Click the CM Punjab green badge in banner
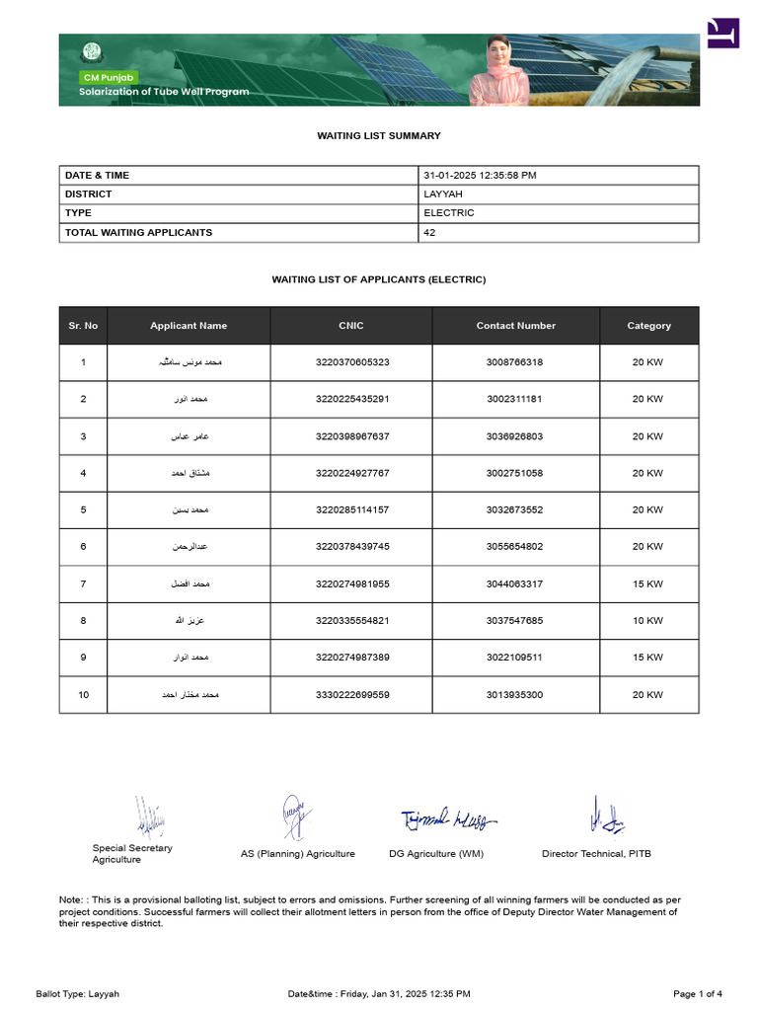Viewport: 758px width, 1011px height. tap(109, 77)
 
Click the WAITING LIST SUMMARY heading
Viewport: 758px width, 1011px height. tap(378, 135)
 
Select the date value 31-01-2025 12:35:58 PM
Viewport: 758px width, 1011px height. tap(480, 175)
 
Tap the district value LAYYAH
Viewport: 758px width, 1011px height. tap(443, 194)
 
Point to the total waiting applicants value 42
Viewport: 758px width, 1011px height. tap(429, 232)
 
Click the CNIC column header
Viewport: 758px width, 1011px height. tap(351, 325)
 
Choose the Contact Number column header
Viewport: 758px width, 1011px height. tap(515, 325)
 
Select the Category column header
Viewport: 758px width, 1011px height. tap(648, 325)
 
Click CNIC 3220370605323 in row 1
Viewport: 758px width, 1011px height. tap(352, 362)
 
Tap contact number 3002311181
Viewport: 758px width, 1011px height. tap(514, 399)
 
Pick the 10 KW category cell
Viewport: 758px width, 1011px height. tap(647, 620)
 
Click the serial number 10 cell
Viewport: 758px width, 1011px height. tap(83, 694)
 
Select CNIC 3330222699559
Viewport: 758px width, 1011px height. tap(352, 694)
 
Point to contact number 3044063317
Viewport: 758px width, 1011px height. tap(514, 583)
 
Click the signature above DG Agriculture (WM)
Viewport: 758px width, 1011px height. tap(448, 818)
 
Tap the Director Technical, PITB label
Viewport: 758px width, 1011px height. tap(596, 853)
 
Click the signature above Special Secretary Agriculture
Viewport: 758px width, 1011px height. tap(150, 817)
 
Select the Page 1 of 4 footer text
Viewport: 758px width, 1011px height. tap(697, 993)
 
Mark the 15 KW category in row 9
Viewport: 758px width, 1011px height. tap(647, 657)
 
